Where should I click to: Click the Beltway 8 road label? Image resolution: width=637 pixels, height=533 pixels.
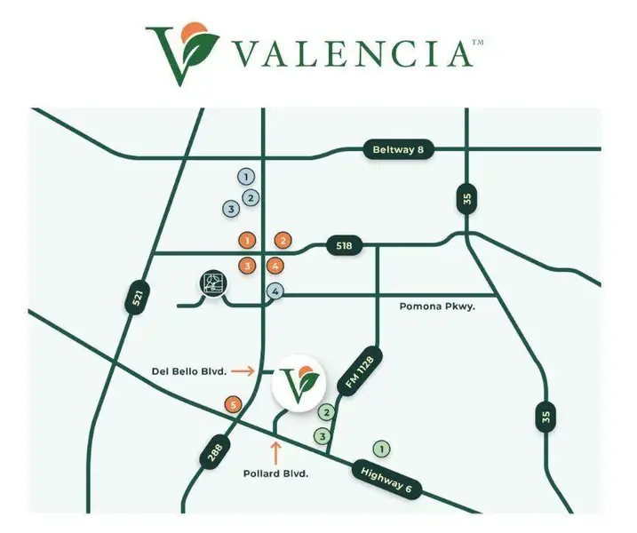pos(397,150)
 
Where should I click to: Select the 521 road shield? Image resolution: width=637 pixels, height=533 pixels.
pos(136,298)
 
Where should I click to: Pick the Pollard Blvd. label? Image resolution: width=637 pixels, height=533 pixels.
pos(275,474)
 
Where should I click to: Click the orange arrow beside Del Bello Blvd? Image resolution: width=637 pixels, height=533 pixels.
pos(257,370)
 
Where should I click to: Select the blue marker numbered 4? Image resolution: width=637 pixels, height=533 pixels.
pos(276,291)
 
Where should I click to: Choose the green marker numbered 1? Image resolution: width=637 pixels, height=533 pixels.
pos(383,449)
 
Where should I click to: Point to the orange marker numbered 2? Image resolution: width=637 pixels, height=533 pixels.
pos(283,240)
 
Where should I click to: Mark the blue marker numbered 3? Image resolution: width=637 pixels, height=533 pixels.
pos(230,210)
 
